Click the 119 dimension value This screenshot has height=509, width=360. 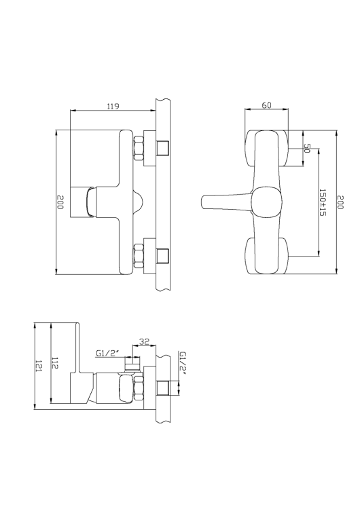113,106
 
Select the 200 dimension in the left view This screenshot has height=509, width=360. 60,202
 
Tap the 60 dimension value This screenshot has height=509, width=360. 266,106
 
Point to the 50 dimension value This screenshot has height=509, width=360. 306,148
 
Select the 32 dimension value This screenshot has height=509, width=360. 143,341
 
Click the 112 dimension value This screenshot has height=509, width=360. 54,364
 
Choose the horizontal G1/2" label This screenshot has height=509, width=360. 107,353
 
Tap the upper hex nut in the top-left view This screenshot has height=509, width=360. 139,148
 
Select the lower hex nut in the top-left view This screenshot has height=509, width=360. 139,256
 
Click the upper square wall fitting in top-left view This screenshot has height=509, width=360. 162,148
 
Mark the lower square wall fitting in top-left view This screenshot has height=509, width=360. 162,256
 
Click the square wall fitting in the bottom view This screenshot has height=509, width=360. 162,389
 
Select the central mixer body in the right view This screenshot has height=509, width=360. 266,202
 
